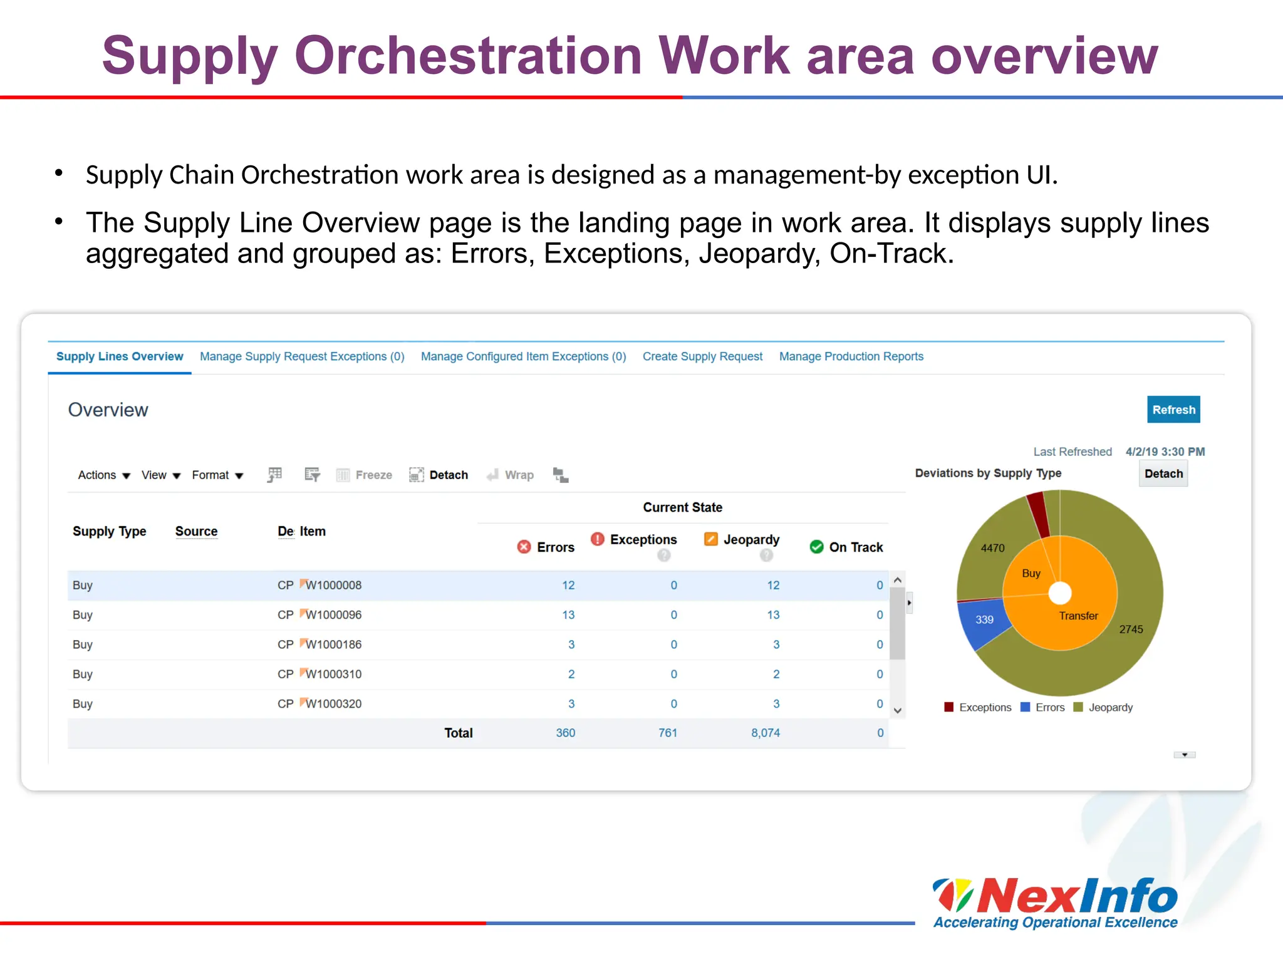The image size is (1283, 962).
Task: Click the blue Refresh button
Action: (1173, 410)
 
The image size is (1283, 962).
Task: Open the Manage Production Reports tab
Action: (851, 356)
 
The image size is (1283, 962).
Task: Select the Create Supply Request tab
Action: (702, 356)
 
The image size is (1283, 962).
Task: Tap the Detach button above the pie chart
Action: (1163, 473)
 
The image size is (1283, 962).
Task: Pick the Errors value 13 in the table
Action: (568, 615)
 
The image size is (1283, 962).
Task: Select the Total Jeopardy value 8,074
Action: (766, 733)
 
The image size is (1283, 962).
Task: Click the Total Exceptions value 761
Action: (668, 733)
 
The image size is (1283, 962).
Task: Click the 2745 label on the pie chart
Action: (1131, 629)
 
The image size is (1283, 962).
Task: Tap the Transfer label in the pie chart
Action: (1078, 616)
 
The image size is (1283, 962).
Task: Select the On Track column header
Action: (856, 547)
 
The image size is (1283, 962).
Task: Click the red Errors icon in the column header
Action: (524, 547)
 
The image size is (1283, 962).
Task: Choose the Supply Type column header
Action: (110, 531)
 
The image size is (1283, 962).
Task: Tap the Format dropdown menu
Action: (217, 475)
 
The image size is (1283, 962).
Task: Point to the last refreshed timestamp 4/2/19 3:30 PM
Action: (1165, 452)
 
